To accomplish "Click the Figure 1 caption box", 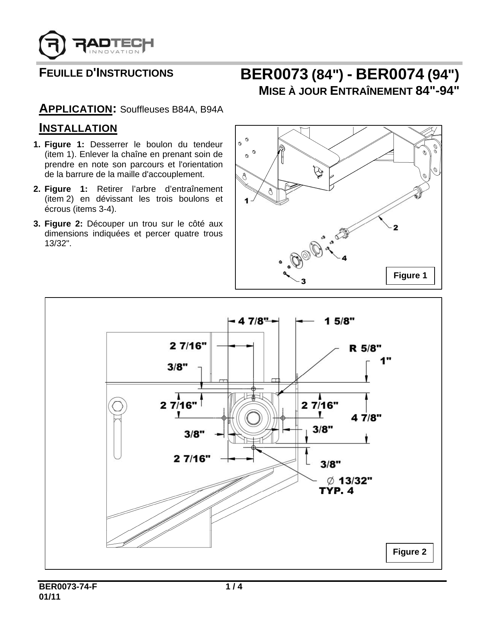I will point(410,276).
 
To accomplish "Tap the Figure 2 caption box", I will point(409,552).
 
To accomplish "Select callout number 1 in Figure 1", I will point(247,201).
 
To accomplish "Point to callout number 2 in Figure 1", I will point(395,228).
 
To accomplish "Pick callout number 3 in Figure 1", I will point(303,281).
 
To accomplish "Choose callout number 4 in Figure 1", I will point(344,258).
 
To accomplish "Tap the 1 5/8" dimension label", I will point(339,321).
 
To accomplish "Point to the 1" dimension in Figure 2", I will point(385,361).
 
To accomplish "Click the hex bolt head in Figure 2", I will point(117,406).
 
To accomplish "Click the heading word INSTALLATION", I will point(78,128).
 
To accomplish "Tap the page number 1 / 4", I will point(234,587).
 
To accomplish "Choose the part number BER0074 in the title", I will point(390,75).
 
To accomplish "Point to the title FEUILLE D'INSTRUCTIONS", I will point(106,73).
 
